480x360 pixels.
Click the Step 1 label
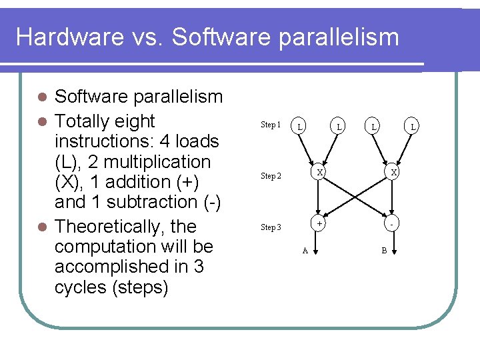pyautogui.click(x=271, y=125)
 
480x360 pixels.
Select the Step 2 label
pyautogui.click(x=271, y=176)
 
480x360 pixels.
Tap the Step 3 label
pyautogui.click(x=271, y=227)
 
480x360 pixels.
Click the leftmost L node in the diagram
pyautogui.click(x=301, y=125)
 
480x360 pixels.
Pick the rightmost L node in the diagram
pyautogui.click(x=413, y=125)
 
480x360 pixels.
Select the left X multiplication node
pyautogui.click(x=320, y=172)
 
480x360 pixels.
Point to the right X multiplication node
pyautogui.click(x=394, y=172)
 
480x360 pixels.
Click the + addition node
pyautogui.click(x=320, y=224)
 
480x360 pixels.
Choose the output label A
pyautogui.click(x=305, y=251)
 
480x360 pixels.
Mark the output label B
pyautogui.click(x=384, y=251)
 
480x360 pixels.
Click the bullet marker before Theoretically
pyautogui.click(x=42, y=227)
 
